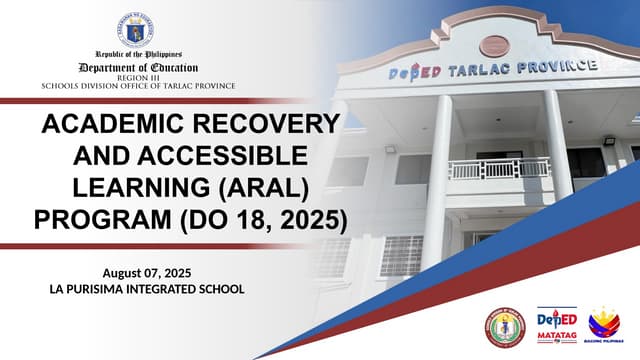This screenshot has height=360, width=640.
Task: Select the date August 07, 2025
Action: tap(147, 273)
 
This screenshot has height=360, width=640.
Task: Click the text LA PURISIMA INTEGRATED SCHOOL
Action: tap(147, 289)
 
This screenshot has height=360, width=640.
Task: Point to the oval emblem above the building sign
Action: tap(494, 45)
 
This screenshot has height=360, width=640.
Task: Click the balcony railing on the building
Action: tap(499, 168)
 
